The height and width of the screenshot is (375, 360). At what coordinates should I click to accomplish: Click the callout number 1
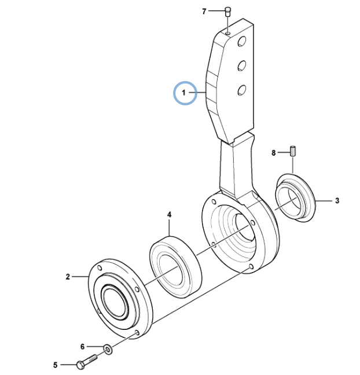[x=183, y=93]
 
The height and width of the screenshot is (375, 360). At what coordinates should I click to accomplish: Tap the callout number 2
[x=68, y=277]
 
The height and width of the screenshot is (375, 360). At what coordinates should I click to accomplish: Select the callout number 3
[x=337, y=201]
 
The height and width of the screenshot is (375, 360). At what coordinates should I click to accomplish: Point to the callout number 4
[x=170, y=215]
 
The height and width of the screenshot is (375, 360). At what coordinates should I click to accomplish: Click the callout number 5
[x=56, y=365]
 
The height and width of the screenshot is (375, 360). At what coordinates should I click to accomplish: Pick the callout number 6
[x=83, y=347]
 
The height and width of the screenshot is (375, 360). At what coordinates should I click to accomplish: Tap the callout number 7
[x=204, y=11]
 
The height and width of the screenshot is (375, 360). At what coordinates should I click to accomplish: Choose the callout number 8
[x=274, y=153]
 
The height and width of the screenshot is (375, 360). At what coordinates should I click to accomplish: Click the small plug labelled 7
[x=227, y=12]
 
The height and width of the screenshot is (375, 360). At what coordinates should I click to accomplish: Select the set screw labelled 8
[x=293, y=151]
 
